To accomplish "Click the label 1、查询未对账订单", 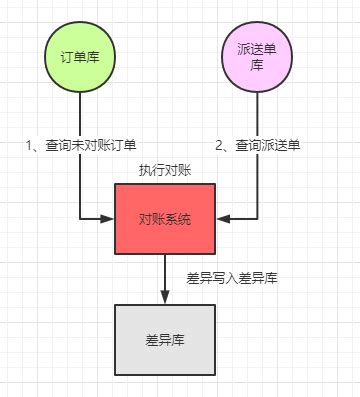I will pyautogui.click(x=79, y=146).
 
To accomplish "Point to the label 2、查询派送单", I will pyautogui.click(x=258, y=146).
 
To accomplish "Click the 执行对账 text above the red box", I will pyautogui.click(x=165, y=171).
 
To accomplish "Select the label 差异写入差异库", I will pyautogui.click(x=232, y=278).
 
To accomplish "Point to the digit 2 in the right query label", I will pyautogui.click(x=220, y=146).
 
